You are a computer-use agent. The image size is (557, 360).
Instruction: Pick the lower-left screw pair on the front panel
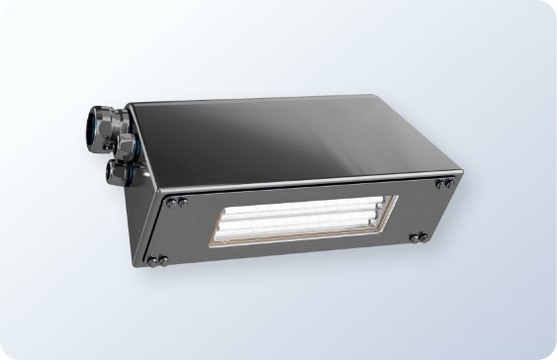(157, 260)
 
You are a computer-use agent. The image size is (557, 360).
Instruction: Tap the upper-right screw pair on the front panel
(445, 183)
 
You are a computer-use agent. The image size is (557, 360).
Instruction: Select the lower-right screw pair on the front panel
(418, 237)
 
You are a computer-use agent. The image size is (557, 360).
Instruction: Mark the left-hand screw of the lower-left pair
(152, 261)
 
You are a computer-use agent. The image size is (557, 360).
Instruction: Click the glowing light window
(302, 219)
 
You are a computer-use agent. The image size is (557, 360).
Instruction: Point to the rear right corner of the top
(377, 96)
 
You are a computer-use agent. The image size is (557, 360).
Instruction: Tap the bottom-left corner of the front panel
(147, 269)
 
